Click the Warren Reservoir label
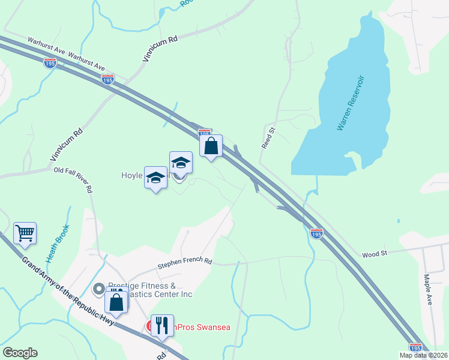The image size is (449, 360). pyautogui.click(x=351, y=103)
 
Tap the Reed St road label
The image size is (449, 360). pyautogui.click(x=268, y=137)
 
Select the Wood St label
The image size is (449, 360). pyautogui.click(x=375, y=254)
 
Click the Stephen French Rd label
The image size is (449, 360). pyautogui.click(x=185, y=263)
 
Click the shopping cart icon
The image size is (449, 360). pyautogui.click(x=25, y=233)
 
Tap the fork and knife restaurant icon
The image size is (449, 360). pyautogui.click(x=162, y=325)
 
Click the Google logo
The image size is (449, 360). pyautogui.click(x=19, y=353)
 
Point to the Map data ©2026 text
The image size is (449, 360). pyautogui.click(x=424, y=355)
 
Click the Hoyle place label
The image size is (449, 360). pyautogui.click(x=131, y=176)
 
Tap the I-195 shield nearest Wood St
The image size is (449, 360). pyautogui.click(x=316, y=232)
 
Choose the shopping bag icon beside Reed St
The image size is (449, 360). pyautogui.click(x=211, y=145)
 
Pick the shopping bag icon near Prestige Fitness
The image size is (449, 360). pyautogui.click(x=116, y=301)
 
